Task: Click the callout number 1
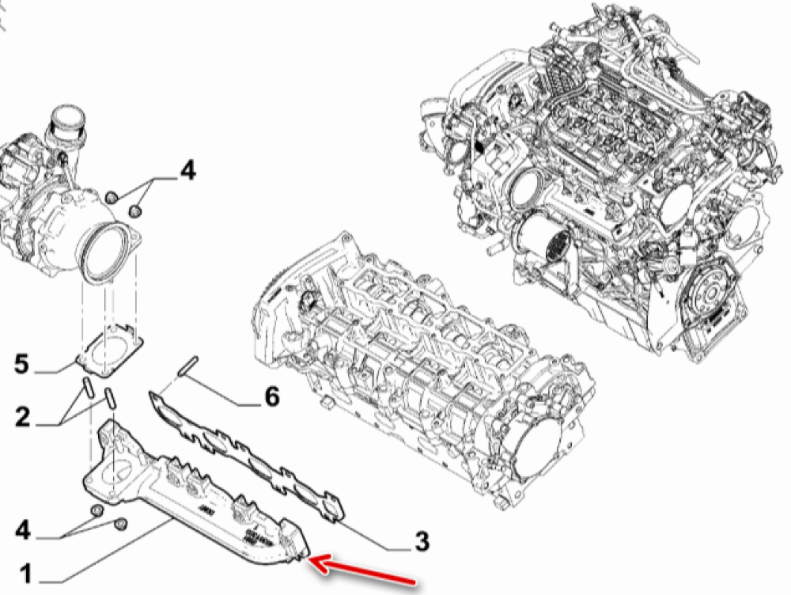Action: point(26,574)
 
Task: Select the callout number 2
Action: point(23,417)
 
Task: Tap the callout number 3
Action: point(422,541)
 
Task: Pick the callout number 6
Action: point(271,396)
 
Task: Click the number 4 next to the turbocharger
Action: point(187,171)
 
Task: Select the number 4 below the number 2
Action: point(23,530)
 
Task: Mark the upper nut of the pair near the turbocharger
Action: point(112,196)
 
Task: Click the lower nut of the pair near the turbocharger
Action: point(134,211)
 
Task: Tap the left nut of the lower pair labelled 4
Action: point(97,510)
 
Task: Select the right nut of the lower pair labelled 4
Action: point(120,525)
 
